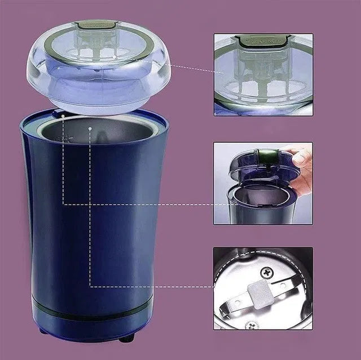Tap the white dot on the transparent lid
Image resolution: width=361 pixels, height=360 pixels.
pos(115,57)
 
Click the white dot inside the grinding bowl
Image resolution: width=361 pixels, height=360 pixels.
pos(90,128)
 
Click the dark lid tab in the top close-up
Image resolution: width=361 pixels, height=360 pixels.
pos(262,40)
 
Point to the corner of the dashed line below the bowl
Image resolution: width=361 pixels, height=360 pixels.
pos(90,286)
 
